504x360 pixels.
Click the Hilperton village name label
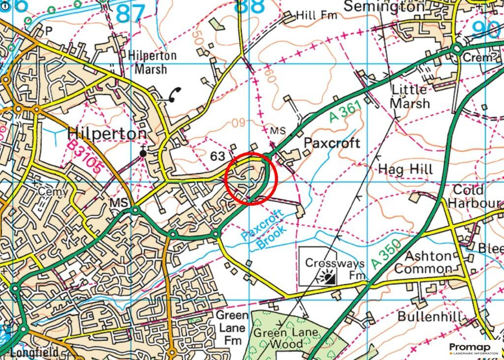(106, 134)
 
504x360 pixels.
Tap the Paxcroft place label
(332, 143)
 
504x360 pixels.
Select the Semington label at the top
(383, 6)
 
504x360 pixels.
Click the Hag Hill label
(406, 170)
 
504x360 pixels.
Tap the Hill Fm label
(316, 16)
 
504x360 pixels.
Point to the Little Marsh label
(409, 96)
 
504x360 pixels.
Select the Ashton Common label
(423, 262)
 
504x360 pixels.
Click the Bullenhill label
(430, 316)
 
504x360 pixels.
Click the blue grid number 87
(131, 13)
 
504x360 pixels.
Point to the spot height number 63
(218, 156)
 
